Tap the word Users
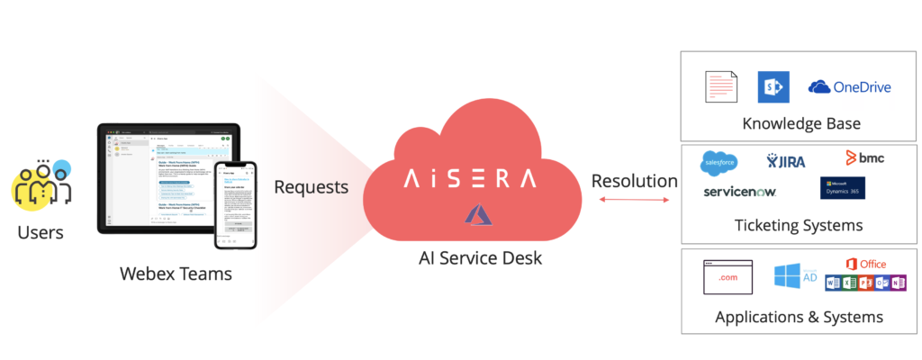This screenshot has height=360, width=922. [x=41, y=233]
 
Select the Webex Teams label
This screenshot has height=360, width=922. [x=176, y=273]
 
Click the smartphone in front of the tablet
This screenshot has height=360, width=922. [x=235, y=206]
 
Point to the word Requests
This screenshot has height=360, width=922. [x=312, y=187]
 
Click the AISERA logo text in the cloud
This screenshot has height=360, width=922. [x=471, y=176]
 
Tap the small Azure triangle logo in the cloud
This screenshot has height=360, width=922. [x=476, y=213]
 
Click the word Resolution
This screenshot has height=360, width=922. [x=634, y=180]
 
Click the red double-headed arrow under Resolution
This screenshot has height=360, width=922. [x=633, y=201]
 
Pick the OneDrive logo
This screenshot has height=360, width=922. [x=849, y=86]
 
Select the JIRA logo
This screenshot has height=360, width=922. [x=786, y=161]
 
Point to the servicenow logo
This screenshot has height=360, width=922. [x=739, y=192]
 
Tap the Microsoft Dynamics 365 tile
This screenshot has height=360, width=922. [x=842, y=188]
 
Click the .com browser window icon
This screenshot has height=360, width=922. [x=727, y=277]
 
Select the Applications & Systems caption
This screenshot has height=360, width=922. [x=798, y=317]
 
